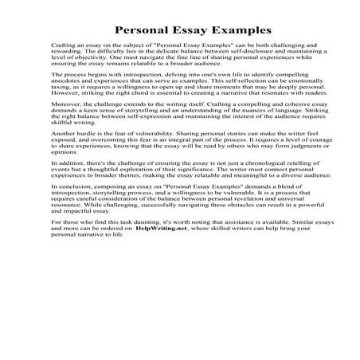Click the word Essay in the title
click(171, 30)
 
